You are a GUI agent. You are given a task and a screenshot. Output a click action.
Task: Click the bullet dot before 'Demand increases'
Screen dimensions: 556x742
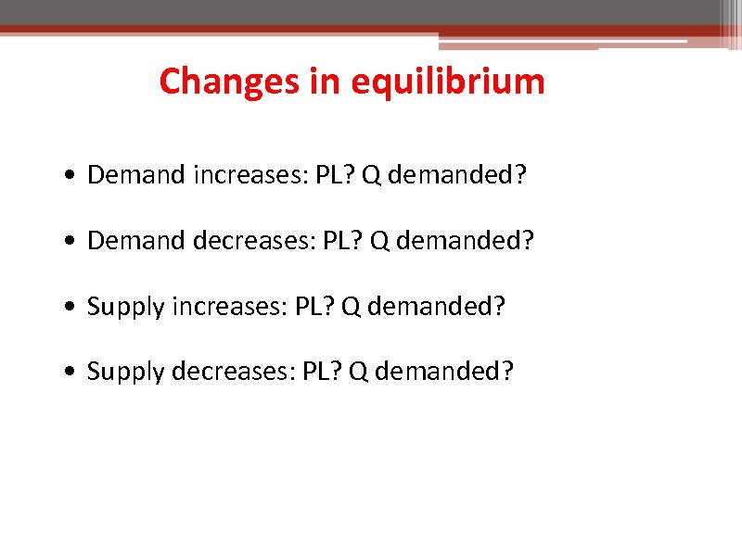pos(71,176)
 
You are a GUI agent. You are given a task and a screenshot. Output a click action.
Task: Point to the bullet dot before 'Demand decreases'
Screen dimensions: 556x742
pos(71,241)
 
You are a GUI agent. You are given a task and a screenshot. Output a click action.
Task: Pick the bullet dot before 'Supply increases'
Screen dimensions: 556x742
pos(71,306)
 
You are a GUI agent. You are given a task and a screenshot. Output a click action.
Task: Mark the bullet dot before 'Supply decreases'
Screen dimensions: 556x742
pos(71,372)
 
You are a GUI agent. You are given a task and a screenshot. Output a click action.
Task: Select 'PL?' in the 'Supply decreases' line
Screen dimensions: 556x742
pos(323,371)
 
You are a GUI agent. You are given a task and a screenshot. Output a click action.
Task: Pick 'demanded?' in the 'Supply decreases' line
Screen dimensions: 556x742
pos(444,371)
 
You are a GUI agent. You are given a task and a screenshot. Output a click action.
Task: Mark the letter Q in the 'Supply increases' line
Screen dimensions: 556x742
pos(352,306)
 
